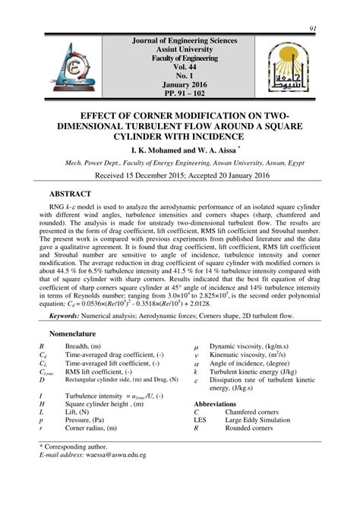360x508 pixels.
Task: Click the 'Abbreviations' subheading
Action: click(220, 404)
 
